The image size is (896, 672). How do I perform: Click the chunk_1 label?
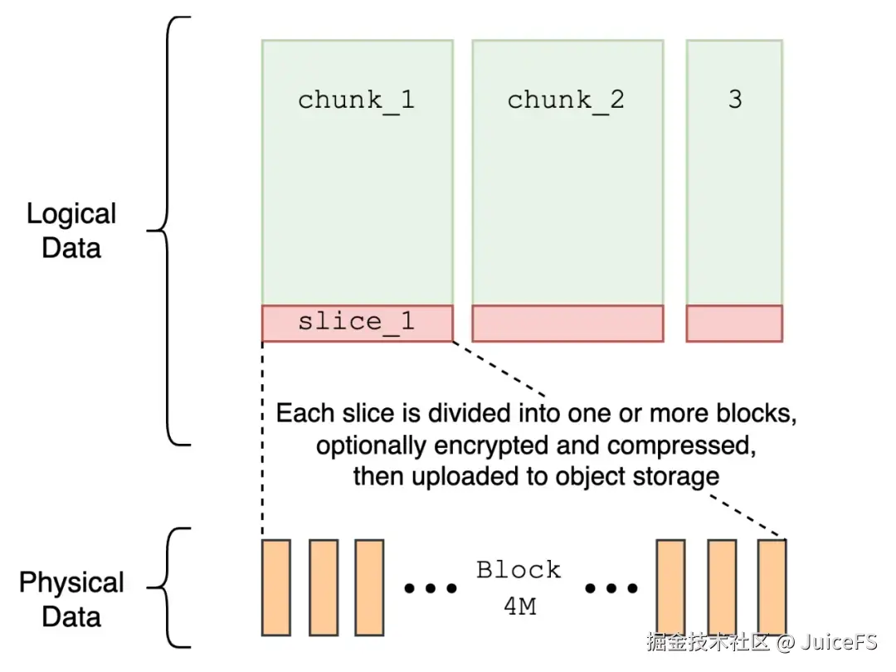[x=356, y=100]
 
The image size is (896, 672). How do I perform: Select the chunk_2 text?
[x=566, y=100]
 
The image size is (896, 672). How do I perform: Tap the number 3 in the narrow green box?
[x=734, y=100]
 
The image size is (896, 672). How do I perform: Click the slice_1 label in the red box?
[x=356, y=322]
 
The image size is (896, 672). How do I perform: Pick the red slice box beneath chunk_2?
[x=567, y=324]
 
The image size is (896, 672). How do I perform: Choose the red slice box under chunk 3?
[x=734, y=324]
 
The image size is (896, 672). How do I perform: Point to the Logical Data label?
[x=71, y=231]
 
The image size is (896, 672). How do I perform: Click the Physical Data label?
[x=71, y=599]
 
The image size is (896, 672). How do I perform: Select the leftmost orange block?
[x=275, y=587]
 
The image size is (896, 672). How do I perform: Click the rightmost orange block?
[x=772, y=587]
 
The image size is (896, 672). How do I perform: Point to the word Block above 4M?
[x=519, y=570]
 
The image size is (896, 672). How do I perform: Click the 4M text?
[x=519, y=606]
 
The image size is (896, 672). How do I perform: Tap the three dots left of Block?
[x=431, y=589]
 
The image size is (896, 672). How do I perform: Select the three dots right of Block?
[x=611, y=589]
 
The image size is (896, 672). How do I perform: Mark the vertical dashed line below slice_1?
[x=262, y=440]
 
